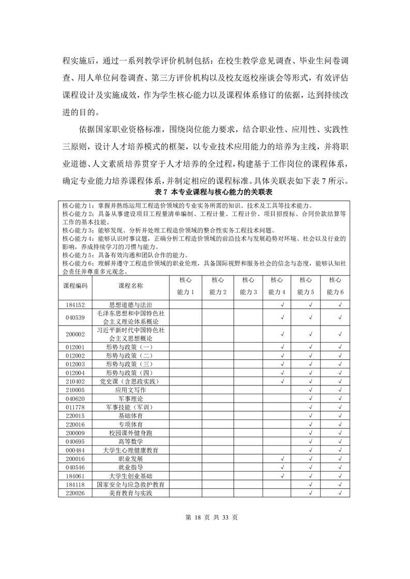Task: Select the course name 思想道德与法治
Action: (x=131, y=305)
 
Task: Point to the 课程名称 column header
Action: (x=131, y=285)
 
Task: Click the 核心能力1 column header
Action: (x=186, y=286)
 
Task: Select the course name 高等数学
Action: (x=131, y=441)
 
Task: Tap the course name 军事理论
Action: (x=131, y=398)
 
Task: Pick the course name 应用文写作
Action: (x=131, y=390)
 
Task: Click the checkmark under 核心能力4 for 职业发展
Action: (x=282, y=458)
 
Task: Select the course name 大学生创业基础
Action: (x=131, y=476)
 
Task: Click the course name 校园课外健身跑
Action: (x=131, y=432)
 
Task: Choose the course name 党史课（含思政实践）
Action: (x=131, y=381)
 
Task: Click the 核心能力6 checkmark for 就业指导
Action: (x=340, y=467)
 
